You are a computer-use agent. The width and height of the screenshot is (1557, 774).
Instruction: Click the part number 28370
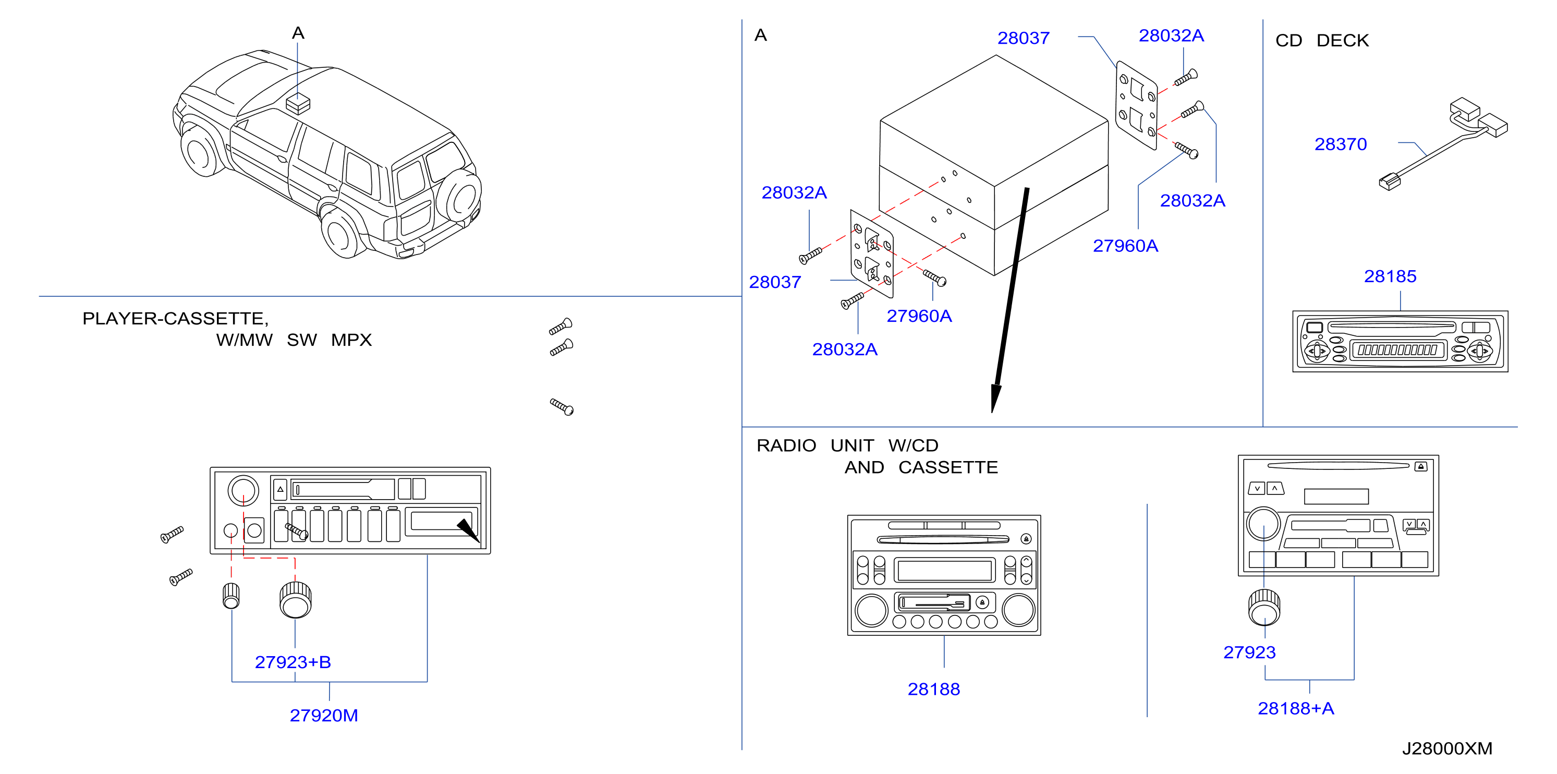(x=1340, y=144)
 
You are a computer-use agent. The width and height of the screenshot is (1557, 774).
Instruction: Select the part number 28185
(x=1390, y=276)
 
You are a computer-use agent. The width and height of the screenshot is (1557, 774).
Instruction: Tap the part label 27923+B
(x=293, y=662)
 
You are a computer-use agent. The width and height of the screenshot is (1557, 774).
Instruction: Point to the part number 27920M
(x=323, y=716)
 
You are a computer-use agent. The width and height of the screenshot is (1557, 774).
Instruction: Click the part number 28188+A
(x=1295, y=708)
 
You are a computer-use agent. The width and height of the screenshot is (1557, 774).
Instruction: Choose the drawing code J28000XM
(x=1446, y=748)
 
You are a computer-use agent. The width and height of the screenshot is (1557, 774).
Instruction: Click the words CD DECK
(x=1321, y=41)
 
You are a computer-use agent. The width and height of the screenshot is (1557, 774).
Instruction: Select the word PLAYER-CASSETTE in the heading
(x=174, y=319)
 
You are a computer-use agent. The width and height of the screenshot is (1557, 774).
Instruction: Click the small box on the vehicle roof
(x=297, y=103)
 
